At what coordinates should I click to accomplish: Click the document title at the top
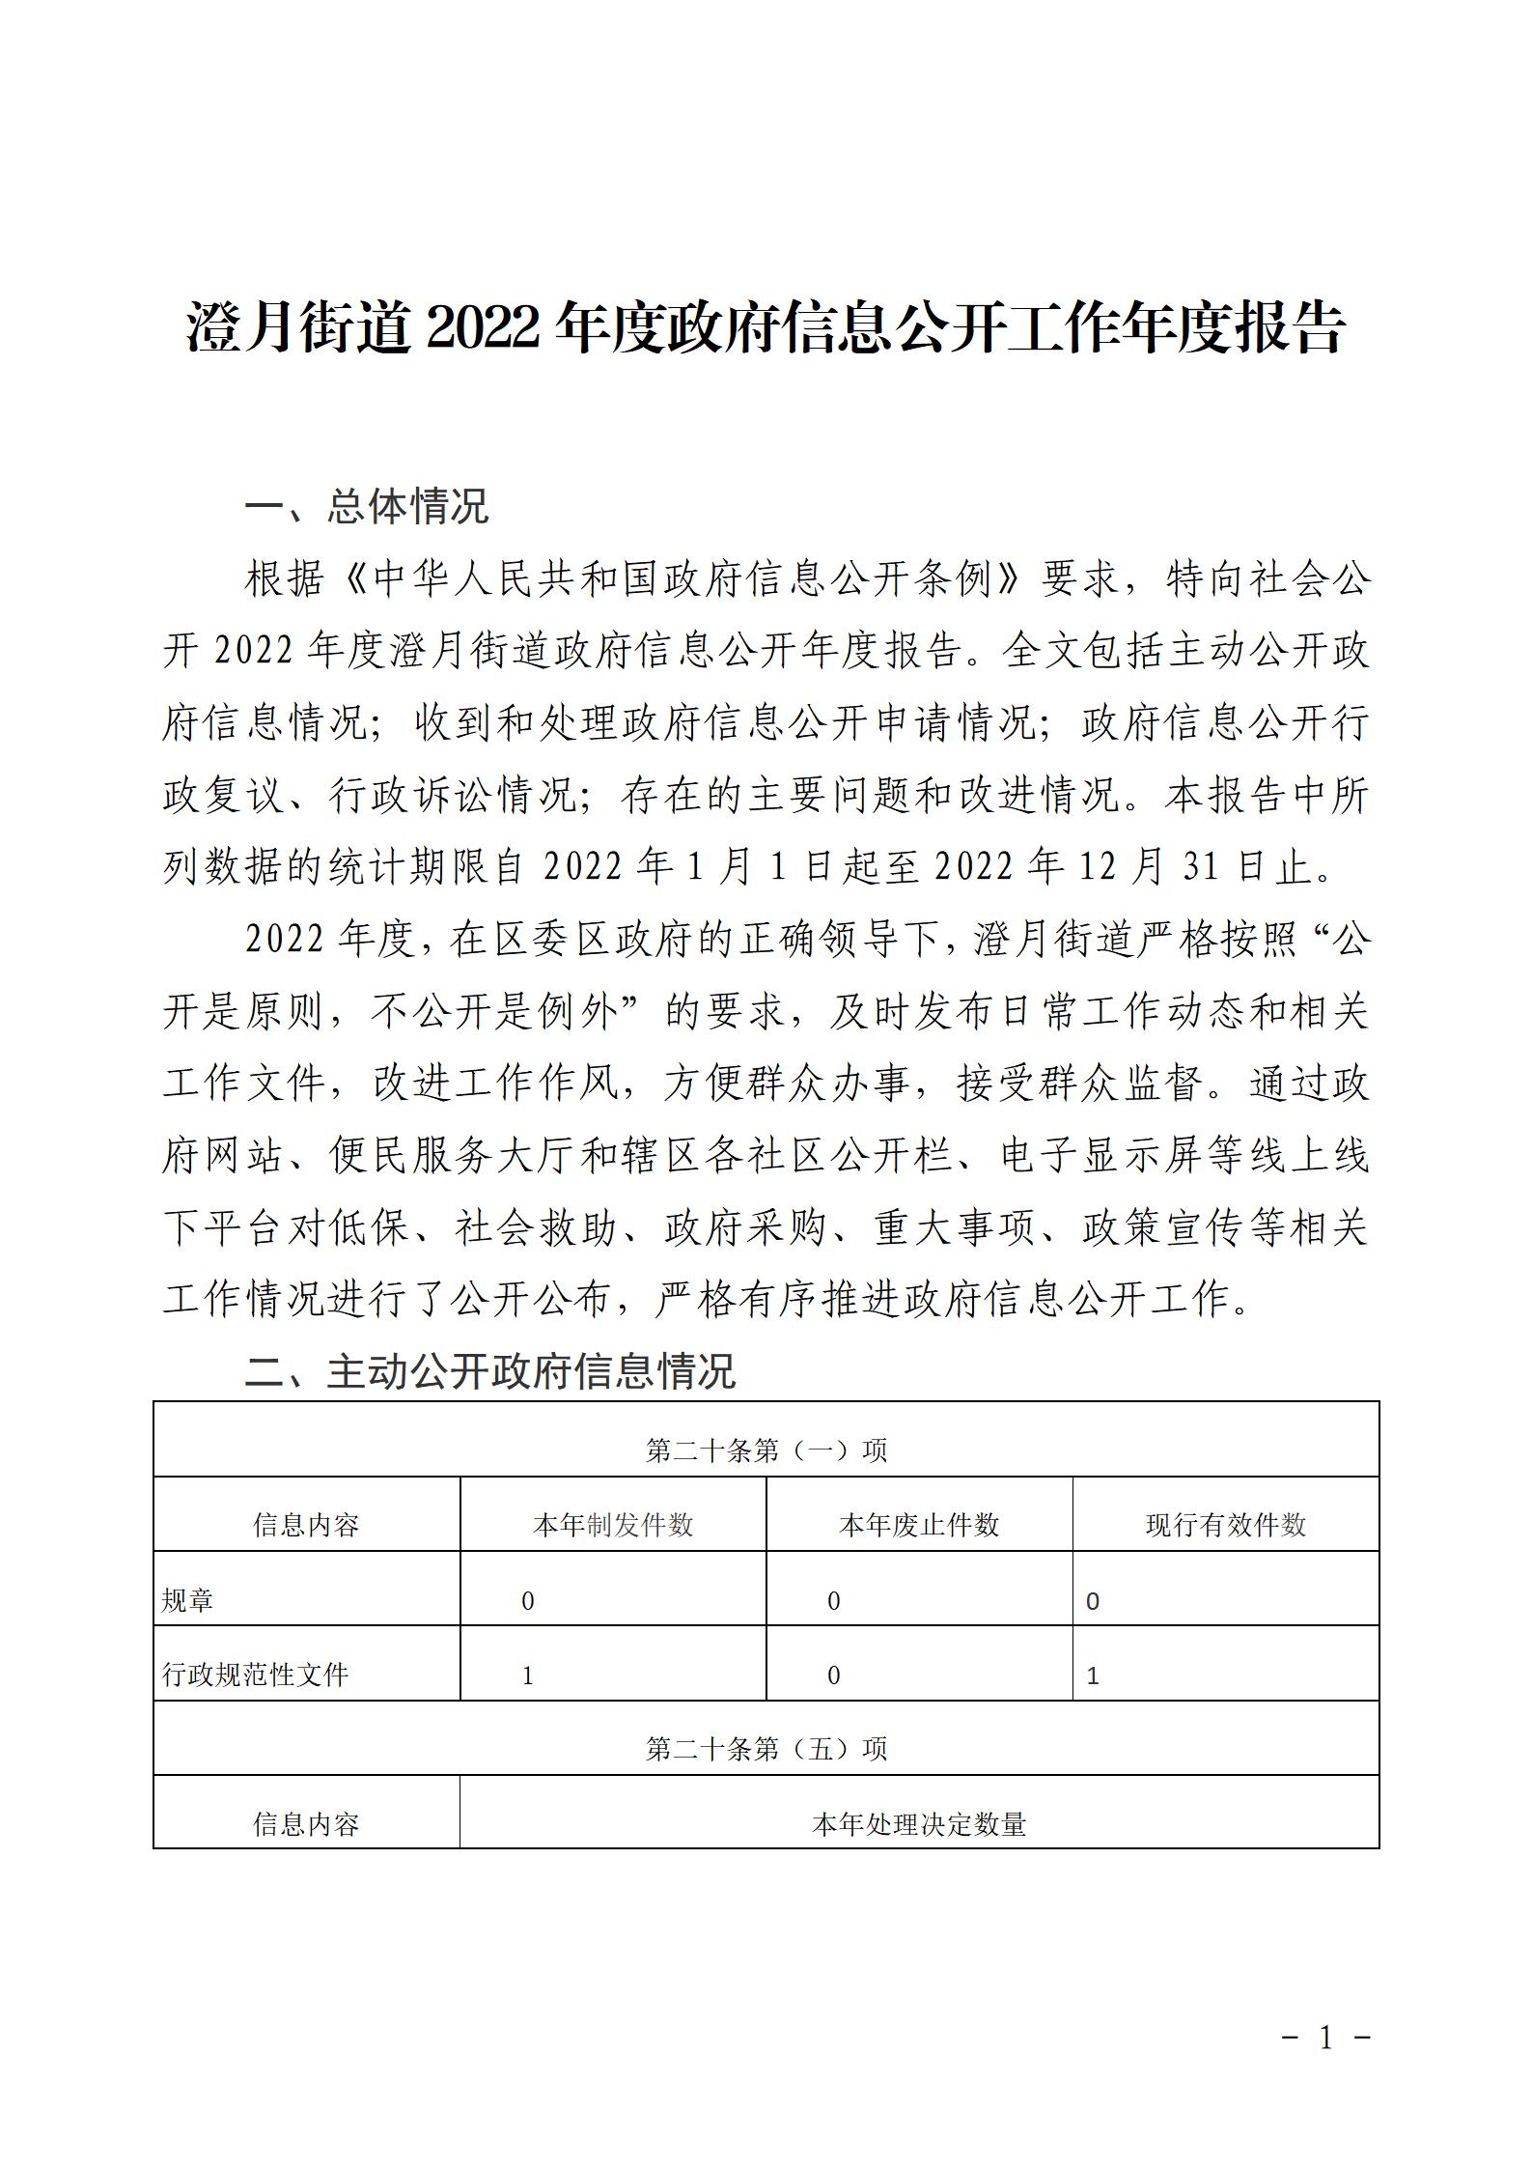pos(766,328)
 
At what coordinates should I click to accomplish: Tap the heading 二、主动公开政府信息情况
pos(490,1371)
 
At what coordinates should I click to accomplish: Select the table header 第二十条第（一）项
pos(766,1450)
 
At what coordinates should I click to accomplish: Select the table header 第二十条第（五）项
pos(766,1749)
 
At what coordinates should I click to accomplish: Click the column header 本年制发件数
pos(613,1525)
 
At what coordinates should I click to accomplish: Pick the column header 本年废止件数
pos(919,1525)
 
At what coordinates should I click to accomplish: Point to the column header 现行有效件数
pos(1225,1525)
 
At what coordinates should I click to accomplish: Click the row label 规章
pos(187,1601)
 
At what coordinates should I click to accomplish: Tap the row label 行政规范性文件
pos(255,1675)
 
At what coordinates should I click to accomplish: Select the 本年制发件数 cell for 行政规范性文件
pos(528,1675)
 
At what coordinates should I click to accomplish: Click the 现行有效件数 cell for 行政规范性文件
pos(1093,1675)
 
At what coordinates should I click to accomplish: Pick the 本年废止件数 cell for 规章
pos(834,1601)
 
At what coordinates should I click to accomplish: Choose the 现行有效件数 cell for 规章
pos(1093,1601)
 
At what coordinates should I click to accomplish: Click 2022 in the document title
pos(481,328)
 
